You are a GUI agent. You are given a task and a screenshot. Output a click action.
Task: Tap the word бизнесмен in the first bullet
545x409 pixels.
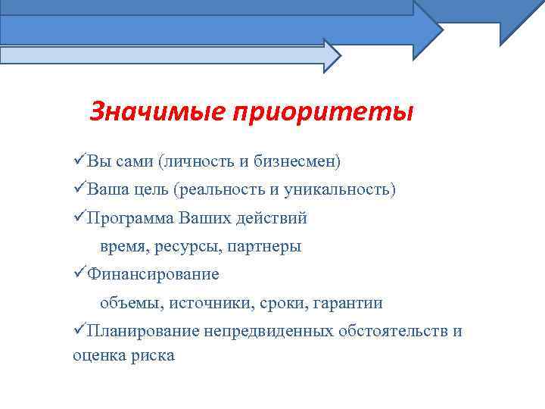[x=296, y=161]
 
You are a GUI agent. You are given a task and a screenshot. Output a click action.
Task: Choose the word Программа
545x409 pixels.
[x=129, y=218]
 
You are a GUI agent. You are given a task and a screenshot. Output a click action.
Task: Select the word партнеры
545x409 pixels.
[x=265, y=246]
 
